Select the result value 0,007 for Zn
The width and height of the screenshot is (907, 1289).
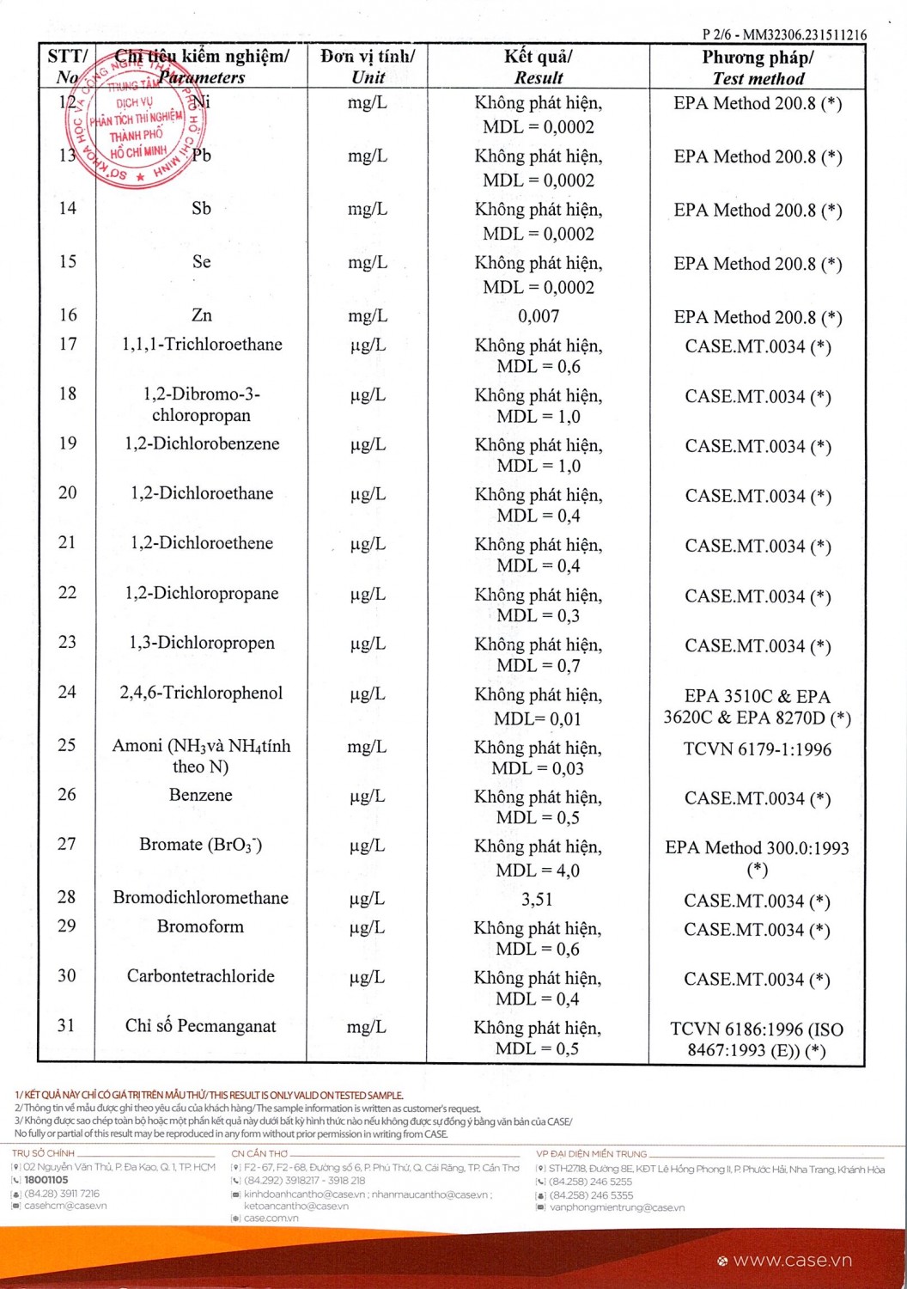tap(539, 316)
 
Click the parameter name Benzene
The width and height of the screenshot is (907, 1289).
tap(201, 795)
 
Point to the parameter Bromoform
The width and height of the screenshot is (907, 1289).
tap(200, 926)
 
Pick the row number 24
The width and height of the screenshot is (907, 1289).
tap(67, 692)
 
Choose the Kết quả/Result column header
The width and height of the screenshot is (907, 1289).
tap(539, 67)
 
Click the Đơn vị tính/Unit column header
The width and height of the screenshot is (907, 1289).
tap(368, 67)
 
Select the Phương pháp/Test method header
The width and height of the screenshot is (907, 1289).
tap(758, 68)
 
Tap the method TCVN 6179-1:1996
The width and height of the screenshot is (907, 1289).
tap(758, 749)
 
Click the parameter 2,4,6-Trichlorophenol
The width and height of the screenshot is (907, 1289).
tap(201, 693)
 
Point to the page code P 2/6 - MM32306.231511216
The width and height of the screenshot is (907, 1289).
tap(784, 35)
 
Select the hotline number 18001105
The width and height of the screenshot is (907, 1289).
tap(46, 1181)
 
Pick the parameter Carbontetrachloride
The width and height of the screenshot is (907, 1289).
tap(201, 976)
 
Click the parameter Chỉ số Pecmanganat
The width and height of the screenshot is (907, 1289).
tap(201, 1026)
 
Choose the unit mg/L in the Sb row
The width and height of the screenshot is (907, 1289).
tap(368, 209)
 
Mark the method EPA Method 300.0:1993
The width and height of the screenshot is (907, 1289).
tap(758, 848)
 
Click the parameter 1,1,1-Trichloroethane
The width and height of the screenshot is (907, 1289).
tap(202, 345)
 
